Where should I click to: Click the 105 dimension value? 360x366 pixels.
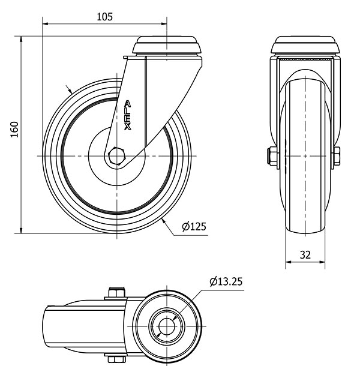click(105, 17)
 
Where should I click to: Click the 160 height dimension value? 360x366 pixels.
click(14, 130)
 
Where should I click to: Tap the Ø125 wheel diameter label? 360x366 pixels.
click(194, 226)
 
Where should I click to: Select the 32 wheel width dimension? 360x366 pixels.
click(305, 255)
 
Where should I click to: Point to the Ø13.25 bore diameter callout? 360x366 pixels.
click(226, 281)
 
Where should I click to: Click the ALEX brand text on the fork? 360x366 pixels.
click(127, 115)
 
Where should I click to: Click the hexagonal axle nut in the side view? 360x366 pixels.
click(117, 156)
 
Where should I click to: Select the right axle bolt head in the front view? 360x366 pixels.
click(336, 156)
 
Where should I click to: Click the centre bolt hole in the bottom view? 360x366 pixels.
click(167, 326)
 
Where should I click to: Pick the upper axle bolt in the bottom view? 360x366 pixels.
click(117, 293)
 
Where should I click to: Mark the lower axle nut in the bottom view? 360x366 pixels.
click(117, 358)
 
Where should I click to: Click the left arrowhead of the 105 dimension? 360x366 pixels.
click(45, 24)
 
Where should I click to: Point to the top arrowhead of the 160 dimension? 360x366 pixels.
click(21, 39)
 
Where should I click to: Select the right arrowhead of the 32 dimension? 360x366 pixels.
click(322, 262)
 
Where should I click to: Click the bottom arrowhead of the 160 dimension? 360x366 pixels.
click(21, 230)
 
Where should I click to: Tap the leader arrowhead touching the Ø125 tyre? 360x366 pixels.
click(164, 221)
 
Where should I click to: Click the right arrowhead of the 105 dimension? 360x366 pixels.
click(164, 24)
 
